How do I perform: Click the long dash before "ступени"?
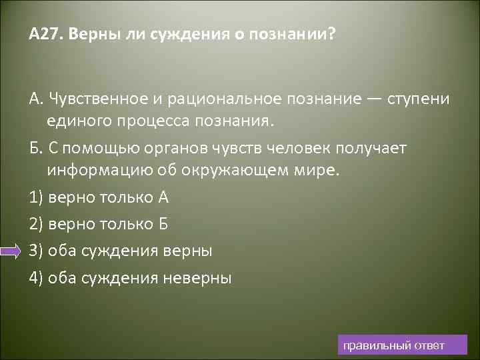point(373,99)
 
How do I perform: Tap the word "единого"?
point(77,123)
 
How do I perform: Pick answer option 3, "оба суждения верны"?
point(120,251)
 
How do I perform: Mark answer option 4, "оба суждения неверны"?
point(130,277)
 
